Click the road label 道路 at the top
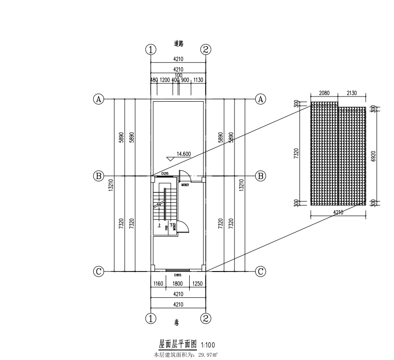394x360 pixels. (x=178, y=44)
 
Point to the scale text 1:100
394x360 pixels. (x=209, y=345)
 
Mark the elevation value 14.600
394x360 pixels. (x=184, y=153)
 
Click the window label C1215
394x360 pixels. (x=165, y=174)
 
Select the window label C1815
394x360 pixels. (x=178, y=275)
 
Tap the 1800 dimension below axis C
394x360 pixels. (x=177, y=284)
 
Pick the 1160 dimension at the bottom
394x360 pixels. (x=158, y=284)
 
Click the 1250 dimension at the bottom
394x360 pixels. (x=198, y=284)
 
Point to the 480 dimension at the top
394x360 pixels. (x=154, y=80)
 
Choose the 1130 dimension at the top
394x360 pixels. (x=198, y=80)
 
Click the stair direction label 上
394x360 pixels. (x=160, y=225)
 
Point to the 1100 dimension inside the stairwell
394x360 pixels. (x=167, y=228)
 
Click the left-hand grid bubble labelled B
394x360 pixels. (x=99, y=176)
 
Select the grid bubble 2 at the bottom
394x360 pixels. (x=206, y=319)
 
